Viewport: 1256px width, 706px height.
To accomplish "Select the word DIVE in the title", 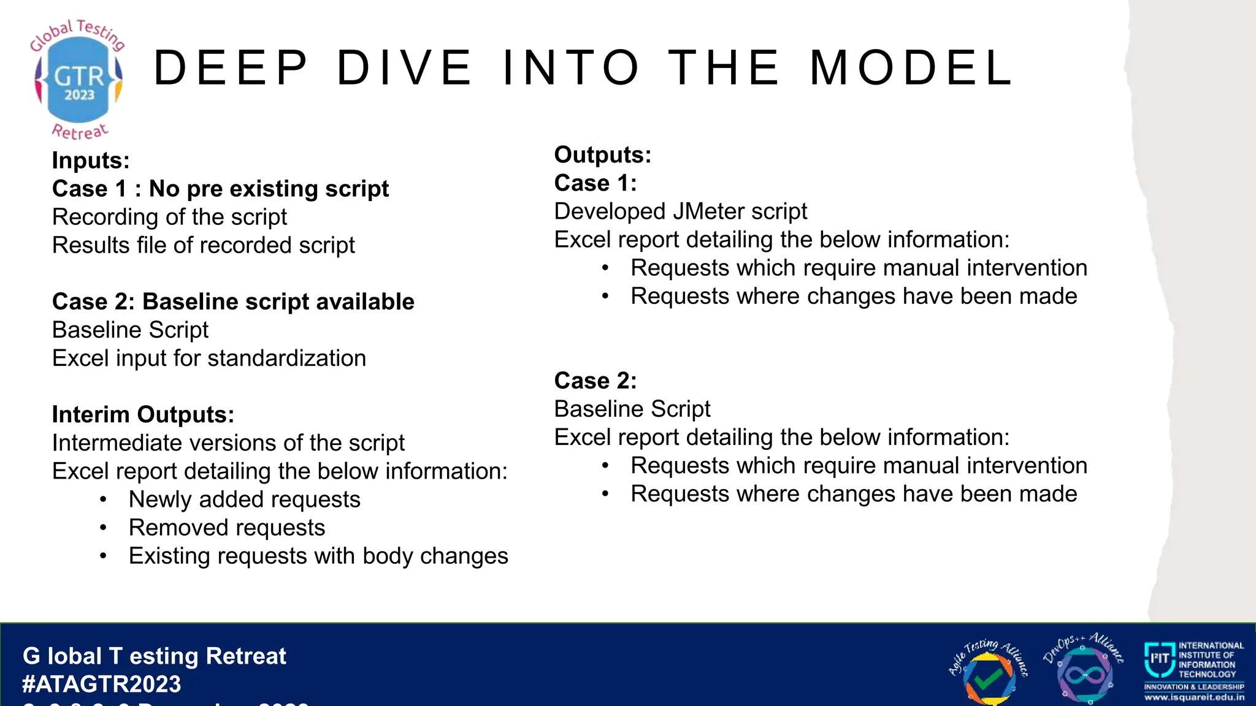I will [x=405, y=68].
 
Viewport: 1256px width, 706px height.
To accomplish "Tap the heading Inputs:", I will [x=91, y=161].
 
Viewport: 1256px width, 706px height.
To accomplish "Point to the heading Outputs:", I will [x=602, y=155].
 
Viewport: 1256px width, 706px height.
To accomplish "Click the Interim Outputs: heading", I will [x=143, y=415].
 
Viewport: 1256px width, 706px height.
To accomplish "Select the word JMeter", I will [x=708, y=211].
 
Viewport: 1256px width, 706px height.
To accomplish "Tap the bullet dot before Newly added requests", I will [x=104, y=499].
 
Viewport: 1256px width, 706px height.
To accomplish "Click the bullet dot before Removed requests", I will [x=104, y=528].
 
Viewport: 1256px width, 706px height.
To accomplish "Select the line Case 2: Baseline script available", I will [x=233, y=302].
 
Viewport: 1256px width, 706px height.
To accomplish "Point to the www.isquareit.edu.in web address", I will [x=1194, y=697].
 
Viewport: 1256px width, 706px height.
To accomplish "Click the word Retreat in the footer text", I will [x=246, y=656].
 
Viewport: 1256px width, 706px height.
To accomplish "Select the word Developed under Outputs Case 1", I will [x=610, y=211].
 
